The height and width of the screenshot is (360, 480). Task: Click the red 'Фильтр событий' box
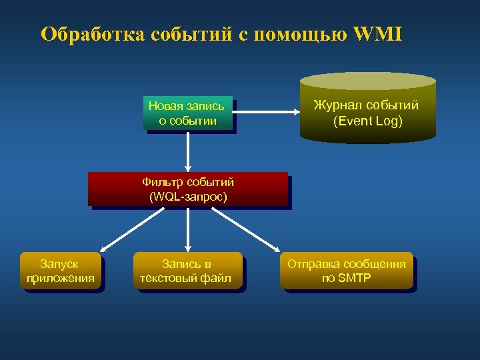188,189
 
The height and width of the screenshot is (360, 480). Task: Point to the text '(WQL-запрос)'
188,197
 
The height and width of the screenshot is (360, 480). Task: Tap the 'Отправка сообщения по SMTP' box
346,271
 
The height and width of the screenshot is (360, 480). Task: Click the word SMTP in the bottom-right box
355,278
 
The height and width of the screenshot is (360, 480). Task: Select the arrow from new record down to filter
188,151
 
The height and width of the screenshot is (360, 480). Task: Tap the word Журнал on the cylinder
339,105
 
